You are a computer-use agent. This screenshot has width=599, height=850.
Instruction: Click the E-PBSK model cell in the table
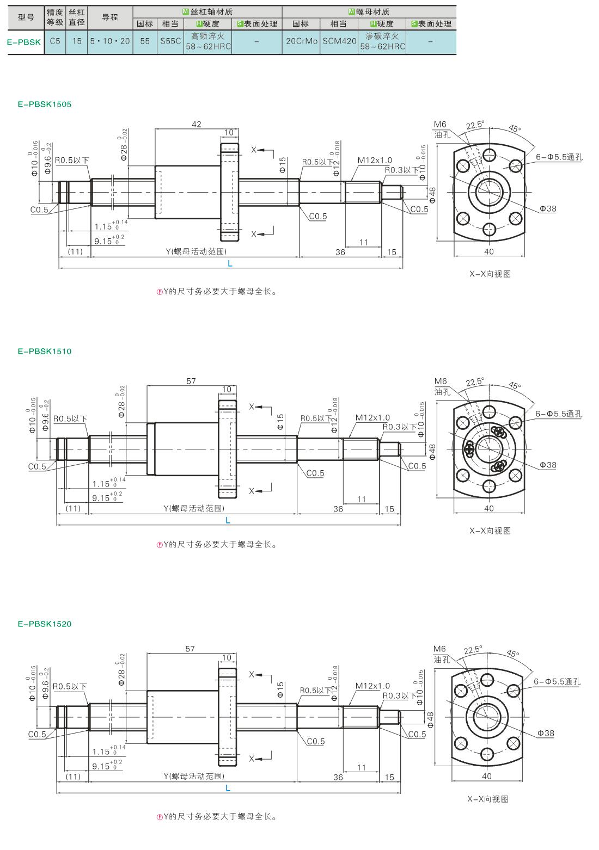(x=24, y=42)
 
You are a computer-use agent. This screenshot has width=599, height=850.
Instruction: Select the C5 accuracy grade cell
(x=55, y=41)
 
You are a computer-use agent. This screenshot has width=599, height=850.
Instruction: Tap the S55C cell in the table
(x=170, y=41)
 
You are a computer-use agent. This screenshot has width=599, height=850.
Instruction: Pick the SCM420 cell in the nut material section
(x=339, y=41)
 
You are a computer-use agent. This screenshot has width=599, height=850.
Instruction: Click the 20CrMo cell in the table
(x=302, y=41)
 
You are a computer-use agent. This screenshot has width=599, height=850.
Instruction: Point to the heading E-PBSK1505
(x=45, y=104)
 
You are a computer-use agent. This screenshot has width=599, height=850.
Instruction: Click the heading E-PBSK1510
(x=45, y=352)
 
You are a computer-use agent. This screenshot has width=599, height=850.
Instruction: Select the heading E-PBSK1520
(x=45, y=624)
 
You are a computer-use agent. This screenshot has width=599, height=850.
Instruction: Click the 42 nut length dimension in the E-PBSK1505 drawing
(x=197, y=124)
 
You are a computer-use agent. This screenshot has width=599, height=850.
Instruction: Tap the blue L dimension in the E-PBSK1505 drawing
(x=230, y=264)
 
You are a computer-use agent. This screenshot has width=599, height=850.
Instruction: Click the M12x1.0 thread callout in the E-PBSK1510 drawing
(x=372, y=417)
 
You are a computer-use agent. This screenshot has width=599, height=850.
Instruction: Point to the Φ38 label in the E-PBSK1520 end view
(x=546, y=734)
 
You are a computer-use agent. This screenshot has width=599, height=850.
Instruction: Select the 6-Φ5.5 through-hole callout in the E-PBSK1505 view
(x=559, y=157)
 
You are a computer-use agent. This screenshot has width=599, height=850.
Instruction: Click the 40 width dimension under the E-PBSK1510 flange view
(x=489, y=508)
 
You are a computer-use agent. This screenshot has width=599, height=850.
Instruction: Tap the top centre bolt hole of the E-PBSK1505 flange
(x=489, y=155)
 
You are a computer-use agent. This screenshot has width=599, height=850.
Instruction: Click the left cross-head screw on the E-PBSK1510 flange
(x=469, y=449)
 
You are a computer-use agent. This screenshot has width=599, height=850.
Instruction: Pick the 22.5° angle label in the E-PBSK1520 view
(x=473, y=650)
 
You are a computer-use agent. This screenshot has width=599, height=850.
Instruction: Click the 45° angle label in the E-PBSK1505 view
(x=515, y=128)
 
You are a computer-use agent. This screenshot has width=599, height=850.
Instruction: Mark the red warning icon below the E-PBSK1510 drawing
(x=160, y=545)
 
